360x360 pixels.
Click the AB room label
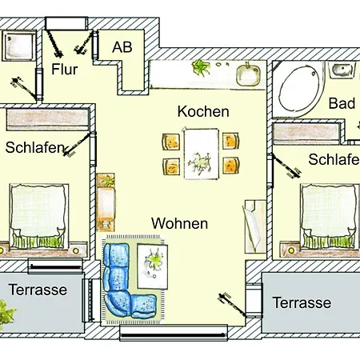pos(122,47)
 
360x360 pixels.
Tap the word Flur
pos(65,69)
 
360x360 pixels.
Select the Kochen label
pos(203,111)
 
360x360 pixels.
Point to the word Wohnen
pos(179,223)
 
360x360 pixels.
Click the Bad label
pos(342,103)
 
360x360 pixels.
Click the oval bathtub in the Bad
pos(298,87)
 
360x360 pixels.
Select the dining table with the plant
pos(202,154)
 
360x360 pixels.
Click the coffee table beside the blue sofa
pos(153,266)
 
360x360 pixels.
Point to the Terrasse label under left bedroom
pos(38,290)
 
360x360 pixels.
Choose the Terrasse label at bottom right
pos(302,302)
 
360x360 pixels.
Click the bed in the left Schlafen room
pos(39,216)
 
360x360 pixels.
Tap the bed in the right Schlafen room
pos(330,216)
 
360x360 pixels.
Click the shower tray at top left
pos(19,46)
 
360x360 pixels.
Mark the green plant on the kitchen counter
pos(201,67)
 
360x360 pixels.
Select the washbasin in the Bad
pos(342,70)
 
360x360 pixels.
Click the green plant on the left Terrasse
pos(6,314)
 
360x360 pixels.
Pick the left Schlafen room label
pos(35,147)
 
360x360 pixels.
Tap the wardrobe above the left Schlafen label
pos(47,119)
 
